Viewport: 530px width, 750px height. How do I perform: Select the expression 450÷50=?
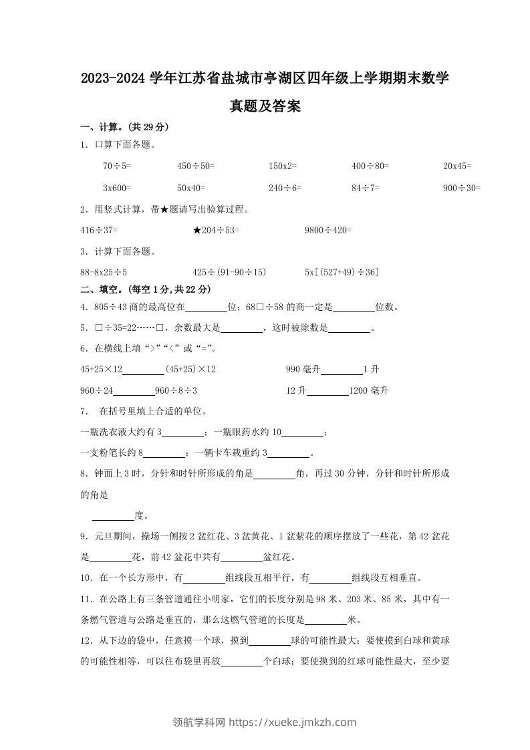196,165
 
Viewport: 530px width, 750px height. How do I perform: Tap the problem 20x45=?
457,165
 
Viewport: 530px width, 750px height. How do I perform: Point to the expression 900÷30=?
462,189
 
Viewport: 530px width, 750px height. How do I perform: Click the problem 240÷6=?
285,189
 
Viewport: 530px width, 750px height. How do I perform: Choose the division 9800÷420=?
327,230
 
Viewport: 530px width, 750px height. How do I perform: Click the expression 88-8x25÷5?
104,272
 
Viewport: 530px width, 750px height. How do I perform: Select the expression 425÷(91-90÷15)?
229,272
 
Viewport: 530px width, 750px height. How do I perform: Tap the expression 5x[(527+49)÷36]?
342,272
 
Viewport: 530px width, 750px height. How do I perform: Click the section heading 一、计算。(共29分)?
124,127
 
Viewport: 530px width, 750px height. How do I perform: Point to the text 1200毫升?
369,390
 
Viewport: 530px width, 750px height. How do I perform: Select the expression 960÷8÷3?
176,390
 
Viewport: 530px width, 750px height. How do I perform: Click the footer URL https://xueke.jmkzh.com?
293,722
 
